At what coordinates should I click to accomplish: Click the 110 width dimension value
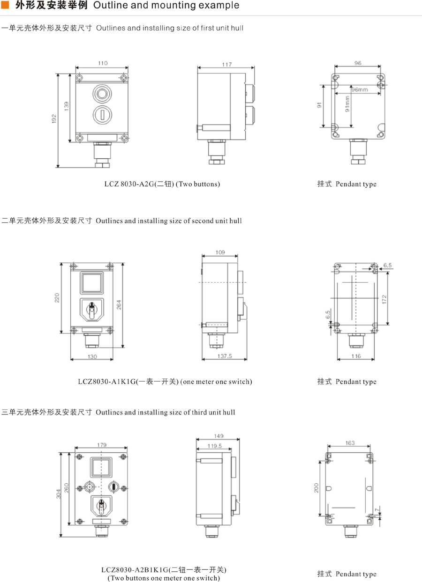point(103,63)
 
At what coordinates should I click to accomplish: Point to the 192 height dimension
point(54,119)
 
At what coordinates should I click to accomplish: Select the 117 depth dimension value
point(226,65)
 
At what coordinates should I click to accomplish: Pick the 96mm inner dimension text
point(360,89)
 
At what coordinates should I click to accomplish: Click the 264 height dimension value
point(120,304)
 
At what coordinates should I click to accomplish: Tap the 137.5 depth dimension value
point(224,356)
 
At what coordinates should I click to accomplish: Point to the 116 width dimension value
point(355,356)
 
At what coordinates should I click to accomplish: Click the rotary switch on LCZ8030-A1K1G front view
point(92,309)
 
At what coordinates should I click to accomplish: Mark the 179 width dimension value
point(102,445)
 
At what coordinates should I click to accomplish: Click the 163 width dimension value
point(350,443)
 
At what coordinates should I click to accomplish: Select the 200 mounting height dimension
point(316,488)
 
